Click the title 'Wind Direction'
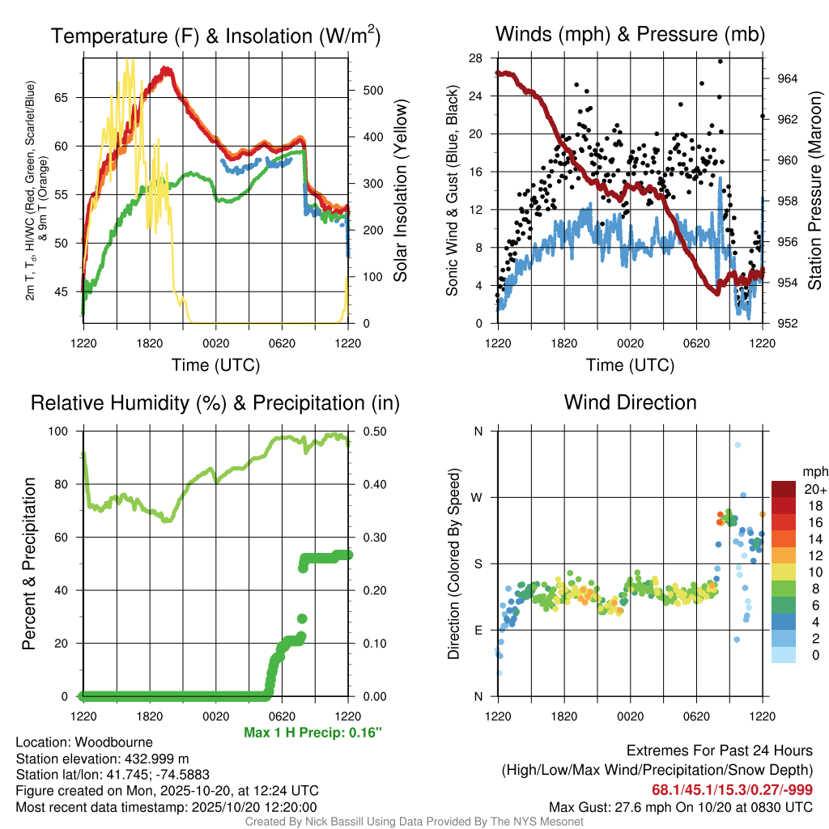(630, 402)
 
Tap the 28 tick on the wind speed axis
(475, 57)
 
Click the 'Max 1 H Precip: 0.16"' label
(312, 733)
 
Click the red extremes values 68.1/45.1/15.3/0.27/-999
(732, 789)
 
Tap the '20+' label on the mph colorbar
(814, 490)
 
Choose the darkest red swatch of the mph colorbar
(783, 490)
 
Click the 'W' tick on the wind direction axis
(478, 497)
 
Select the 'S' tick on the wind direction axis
(478, 563)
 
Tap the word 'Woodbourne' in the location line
(114, 742)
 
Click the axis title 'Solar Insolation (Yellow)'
(401, 192)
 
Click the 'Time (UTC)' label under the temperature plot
(215, 365)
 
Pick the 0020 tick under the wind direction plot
(630, 716)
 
